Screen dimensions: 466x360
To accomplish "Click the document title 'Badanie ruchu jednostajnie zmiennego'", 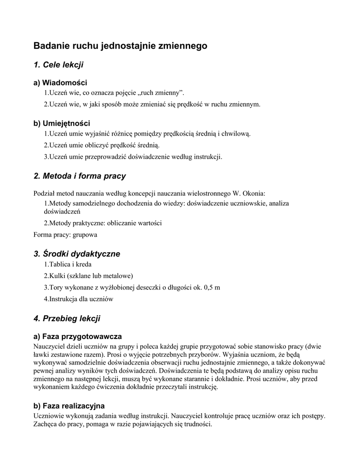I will [121, 46].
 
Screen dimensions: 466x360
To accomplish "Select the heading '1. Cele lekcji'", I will [58, 65].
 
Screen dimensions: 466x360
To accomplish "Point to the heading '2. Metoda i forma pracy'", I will [80, 176].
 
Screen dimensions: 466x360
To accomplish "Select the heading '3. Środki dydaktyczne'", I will [77, 254].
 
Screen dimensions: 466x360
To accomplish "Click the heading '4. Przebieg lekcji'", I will [67, 319].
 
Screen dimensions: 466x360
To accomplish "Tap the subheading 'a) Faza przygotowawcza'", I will [77, 337].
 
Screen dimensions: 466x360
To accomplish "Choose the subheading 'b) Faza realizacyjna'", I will [69, 405].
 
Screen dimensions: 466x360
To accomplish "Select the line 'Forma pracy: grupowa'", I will [65, 235].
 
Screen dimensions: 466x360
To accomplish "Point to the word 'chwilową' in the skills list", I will [235, 134].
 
